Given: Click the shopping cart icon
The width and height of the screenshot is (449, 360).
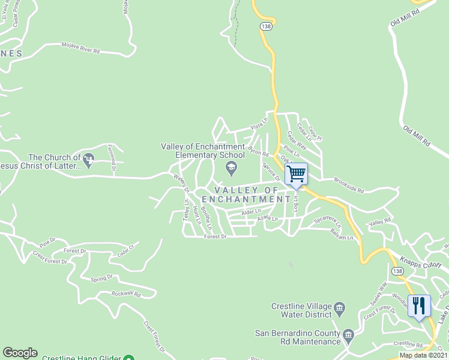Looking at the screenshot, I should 296,174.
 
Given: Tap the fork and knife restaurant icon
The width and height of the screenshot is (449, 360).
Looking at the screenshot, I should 419,305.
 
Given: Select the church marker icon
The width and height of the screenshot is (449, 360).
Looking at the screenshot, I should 89,160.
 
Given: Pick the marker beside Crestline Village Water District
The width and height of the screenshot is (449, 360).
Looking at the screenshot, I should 339,310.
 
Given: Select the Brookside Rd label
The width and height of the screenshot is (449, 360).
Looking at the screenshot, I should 349,185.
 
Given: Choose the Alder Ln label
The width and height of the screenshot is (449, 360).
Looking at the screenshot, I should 251,212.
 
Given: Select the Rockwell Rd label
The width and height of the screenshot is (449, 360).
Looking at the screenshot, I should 125,294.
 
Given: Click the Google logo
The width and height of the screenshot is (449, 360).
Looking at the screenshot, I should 20,353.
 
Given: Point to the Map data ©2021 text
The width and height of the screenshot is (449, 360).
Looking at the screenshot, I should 424,355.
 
